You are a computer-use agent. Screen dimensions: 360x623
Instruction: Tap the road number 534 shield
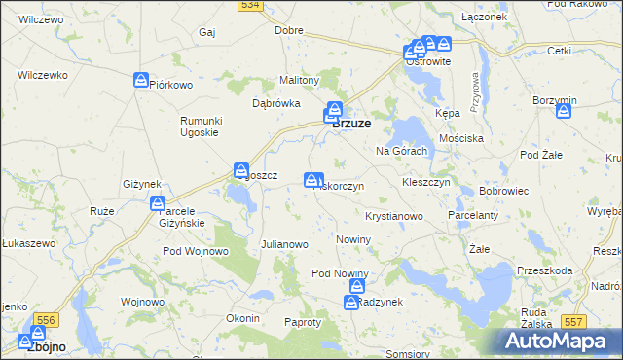(x=250, y=5)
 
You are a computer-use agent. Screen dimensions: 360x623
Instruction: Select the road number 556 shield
(x=46, y=318)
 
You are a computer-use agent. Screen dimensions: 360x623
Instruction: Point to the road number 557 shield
(x=574, y=321)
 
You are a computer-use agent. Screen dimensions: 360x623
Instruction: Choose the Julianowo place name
(x=284, y=244)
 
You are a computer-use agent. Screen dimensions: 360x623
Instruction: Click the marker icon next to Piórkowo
(x=141, y=80)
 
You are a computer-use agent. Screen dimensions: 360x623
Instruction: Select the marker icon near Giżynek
(x=157, y=203)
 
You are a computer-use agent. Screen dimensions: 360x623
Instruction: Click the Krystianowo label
(x=393, y=215)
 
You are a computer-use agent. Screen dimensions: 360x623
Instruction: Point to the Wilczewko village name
(x=42, y=75)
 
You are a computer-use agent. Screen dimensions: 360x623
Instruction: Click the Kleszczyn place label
(x=425, y=182)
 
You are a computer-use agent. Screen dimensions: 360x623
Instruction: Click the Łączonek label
(x=485, y=18)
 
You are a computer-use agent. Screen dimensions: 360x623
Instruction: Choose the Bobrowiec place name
(x=503, y=191)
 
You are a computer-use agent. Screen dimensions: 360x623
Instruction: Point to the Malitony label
(x=300, y=80)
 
